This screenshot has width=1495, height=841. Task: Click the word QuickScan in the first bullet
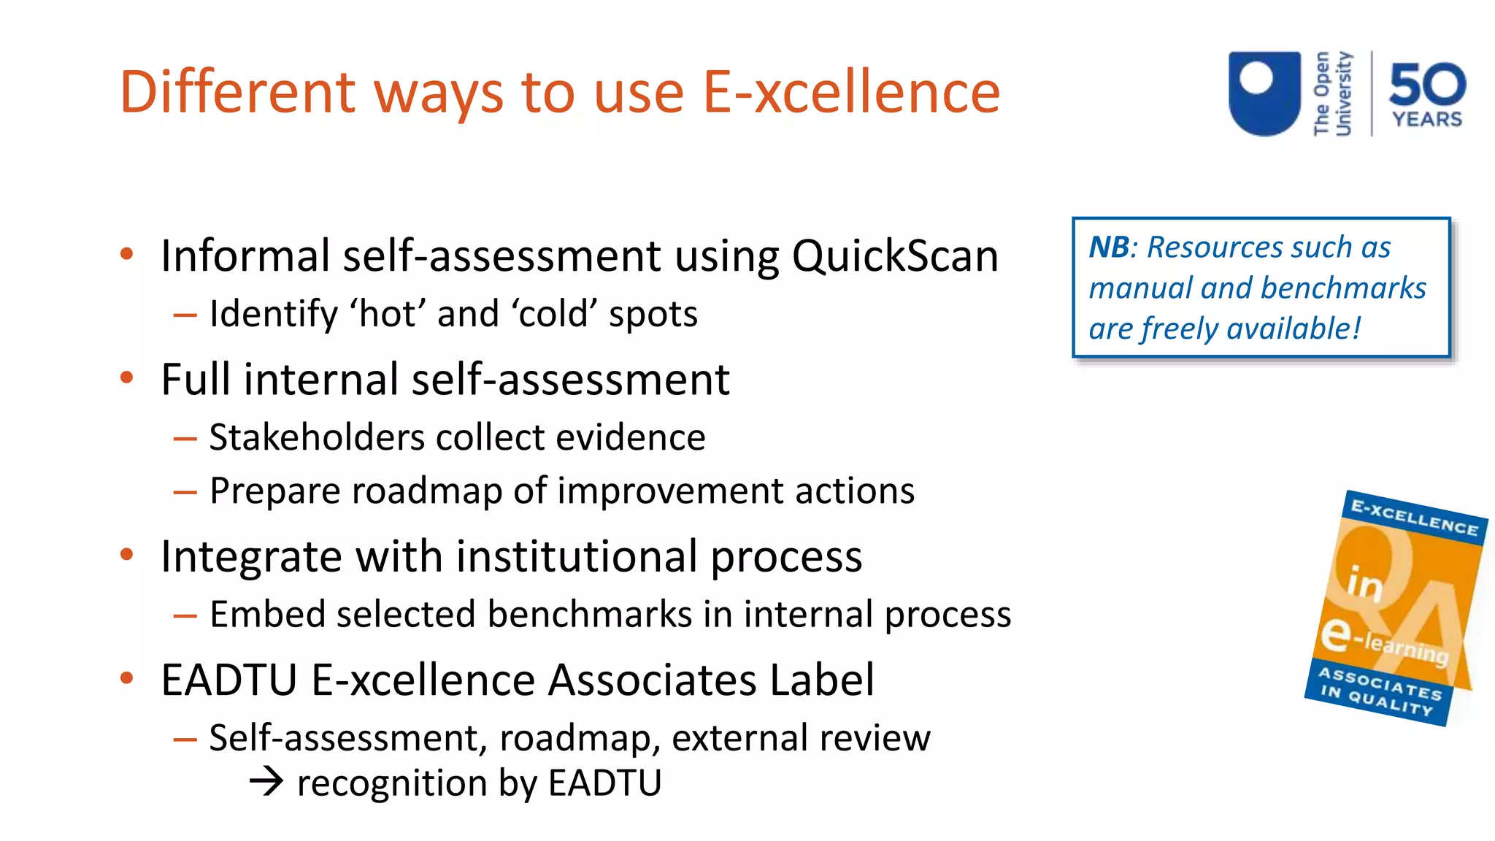895,257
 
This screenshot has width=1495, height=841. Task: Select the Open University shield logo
1264,93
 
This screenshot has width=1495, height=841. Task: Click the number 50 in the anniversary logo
1427,84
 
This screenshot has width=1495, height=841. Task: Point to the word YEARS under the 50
1427,119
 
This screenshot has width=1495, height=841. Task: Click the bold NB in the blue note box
1109,247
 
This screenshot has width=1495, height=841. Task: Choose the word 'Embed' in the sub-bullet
267,614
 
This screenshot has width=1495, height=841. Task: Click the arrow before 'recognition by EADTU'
266,782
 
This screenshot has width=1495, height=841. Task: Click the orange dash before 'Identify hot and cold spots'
185,315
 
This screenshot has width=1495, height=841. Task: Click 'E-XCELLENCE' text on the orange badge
1414,517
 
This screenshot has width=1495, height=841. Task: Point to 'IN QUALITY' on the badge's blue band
1376,700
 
